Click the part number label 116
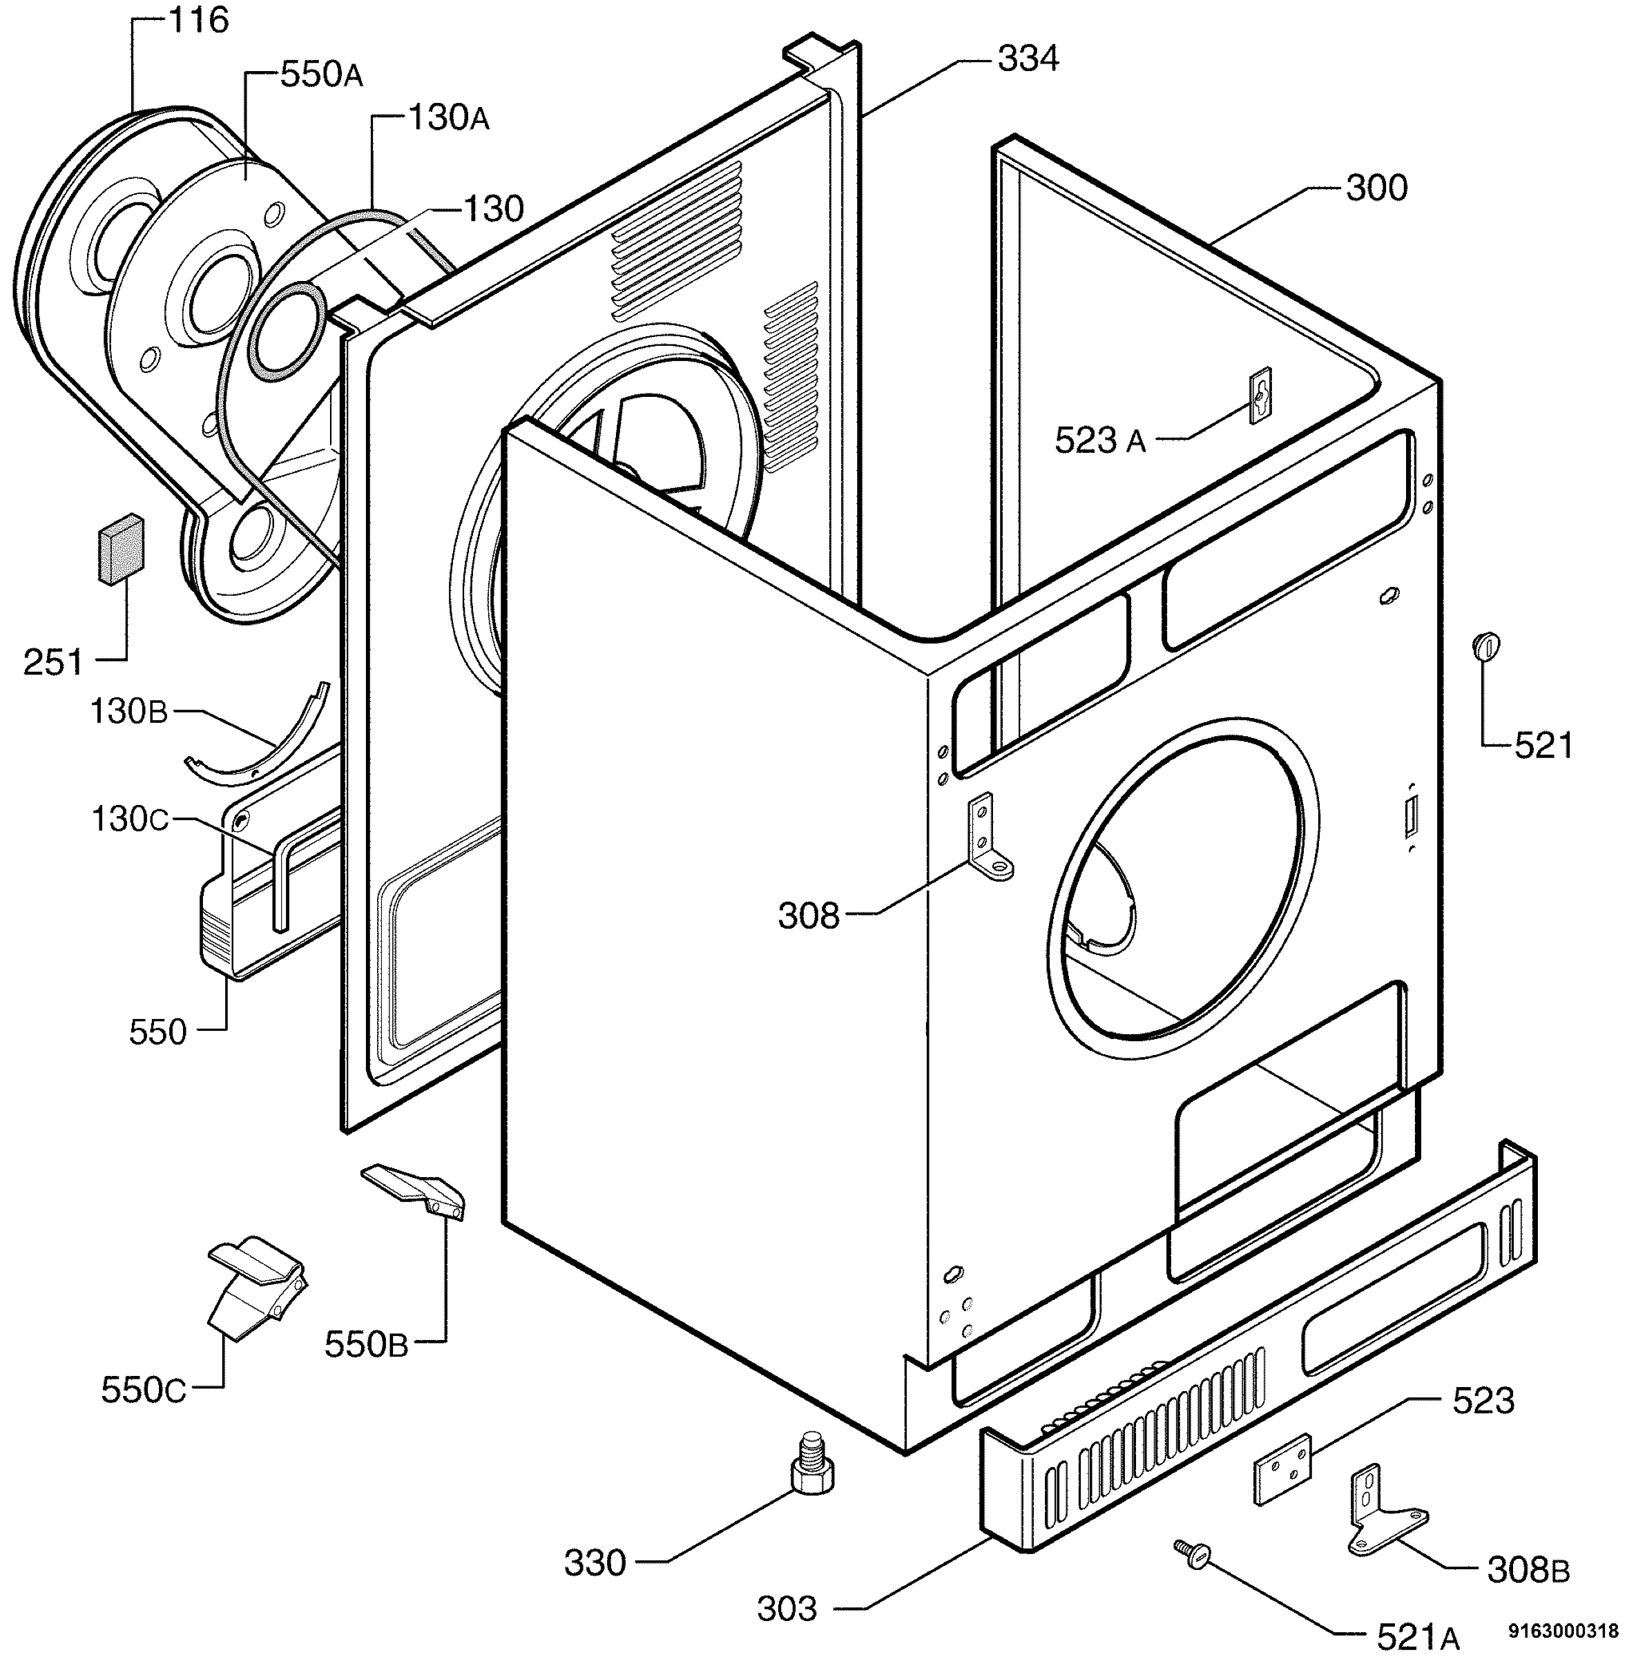point(198,21)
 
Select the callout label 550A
point(321,75)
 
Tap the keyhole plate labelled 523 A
point(1260,395)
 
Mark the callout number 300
point(1376,188)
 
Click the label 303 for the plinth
point(787,1609)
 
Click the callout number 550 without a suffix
point(158,1033)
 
